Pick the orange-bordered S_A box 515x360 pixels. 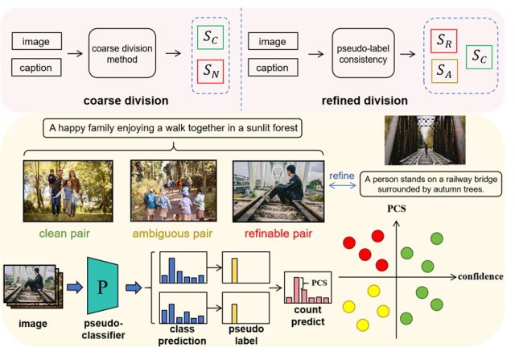(443, 70)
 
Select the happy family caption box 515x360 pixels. (173, 128)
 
